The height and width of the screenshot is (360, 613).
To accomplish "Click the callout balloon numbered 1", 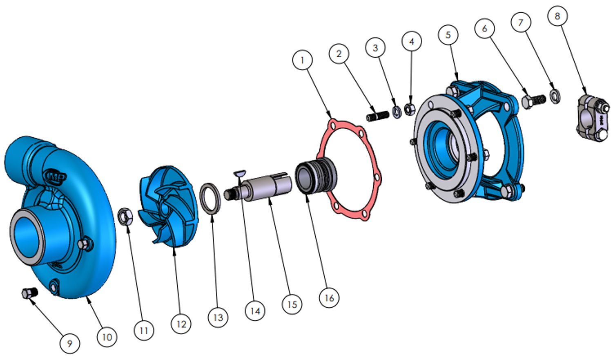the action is click(302, 60).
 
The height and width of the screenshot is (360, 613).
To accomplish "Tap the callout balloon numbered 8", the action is click(557, 16).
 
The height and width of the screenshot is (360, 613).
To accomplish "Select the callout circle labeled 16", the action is click(329, 297).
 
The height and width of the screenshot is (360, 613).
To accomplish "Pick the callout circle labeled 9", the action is click(70, 343).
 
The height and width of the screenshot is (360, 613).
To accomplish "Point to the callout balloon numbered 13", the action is click(218, 317).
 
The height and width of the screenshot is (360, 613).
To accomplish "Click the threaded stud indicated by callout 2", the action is click(378, 116).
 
